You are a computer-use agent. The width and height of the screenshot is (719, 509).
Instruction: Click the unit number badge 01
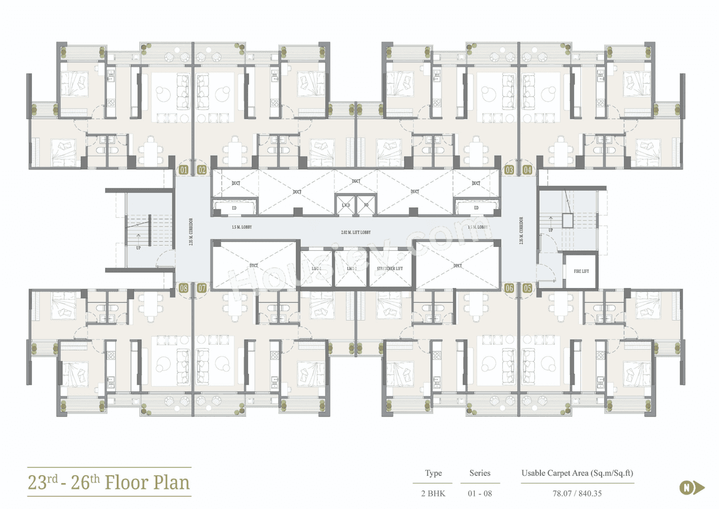pos(183,169)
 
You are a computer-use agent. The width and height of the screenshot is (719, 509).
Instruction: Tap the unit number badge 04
pos(527,169)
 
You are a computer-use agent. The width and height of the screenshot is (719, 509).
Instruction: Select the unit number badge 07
pos(202,288)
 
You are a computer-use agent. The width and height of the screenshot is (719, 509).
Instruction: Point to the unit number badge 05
pos(527,288)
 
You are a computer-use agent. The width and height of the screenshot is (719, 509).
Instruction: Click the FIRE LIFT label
pos(581,272)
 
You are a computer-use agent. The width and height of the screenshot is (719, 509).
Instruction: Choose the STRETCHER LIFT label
pos(390,269)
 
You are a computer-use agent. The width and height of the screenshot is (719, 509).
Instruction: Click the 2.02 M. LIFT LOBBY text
pos(356,232)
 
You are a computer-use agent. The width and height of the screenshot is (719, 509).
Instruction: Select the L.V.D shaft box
pos(346,205)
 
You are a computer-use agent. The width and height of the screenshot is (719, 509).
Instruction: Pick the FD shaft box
pos(366,205)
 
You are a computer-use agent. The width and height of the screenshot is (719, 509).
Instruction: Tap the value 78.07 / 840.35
pos(577,493)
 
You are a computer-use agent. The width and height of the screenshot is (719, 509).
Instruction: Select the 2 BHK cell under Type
pos(433,493)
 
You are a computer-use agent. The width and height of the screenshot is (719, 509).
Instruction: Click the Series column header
pos(480,473)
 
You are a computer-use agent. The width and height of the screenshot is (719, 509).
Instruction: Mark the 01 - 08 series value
pos(480,493)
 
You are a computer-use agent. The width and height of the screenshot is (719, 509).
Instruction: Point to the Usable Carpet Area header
pos(577,473)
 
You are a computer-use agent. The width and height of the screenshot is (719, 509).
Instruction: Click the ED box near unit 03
pos(476,208)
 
